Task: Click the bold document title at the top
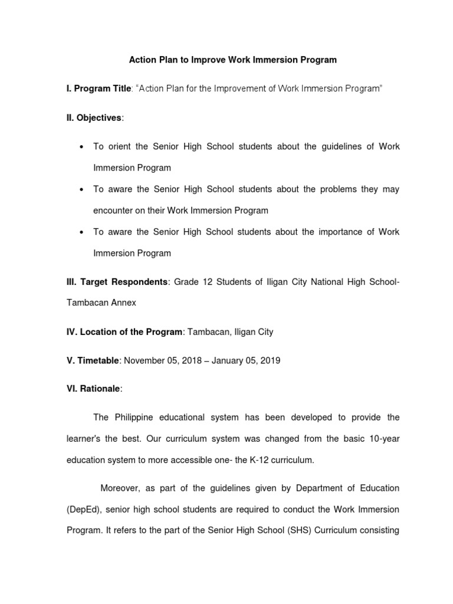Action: (233, 60)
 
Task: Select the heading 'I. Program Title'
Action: (98, 88)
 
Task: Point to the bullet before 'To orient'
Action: (80, 146)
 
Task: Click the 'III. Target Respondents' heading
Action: (117, 282)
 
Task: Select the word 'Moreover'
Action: (120, 488)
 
